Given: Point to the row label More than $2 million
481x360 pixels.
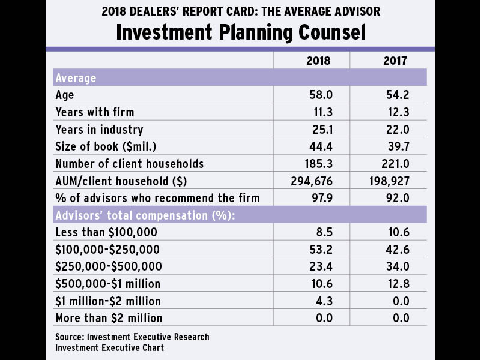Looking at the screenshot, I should point(109,317).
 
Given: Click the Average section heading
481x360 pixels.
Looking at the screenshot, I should point(76,78).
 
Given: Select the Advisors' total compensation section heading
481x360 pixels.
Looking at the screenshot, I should point(130,215).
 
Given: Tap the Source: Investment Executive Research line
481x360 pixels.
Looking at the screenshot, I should point(132,337).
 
